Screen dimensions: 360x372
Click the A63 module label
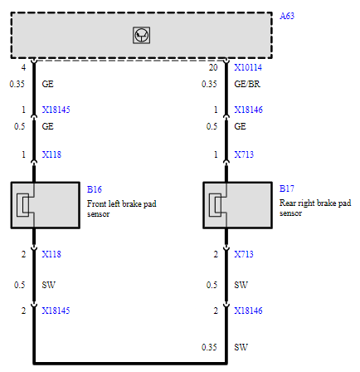[x=287, y=16]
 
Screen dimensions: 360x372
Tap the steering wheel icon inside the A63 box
[x=141, y=35]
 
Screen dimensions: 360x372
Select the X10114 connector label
[x=248, y=67]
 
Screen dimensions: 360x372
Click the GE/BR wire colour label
[x=247, y=84]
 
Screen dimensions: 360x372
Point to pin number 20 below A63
[x=213, y=67]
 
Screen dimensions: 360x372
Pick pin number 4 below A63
[x=23, y=67]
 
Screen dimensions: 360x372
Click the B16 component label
[x=95, y=189]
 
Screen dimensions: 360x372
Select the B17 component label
[x=287, y=188]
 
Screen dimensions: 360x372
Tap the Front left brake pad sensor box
[x=46, y=205]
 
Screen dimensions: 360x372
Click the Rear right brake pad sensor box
[x=237, y=205]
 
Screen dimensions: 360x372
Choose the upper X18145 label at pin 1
[x=56, y=110]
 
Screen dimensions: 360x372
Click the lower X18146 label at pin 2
[x=248, y=311]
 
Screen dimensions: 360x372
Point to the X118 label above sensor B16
[x=51, y=154]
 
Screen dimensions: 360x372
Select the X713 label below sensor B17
[x=244, y=254]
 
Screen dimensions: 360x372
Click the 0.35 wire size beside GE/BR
[x=209, y=84]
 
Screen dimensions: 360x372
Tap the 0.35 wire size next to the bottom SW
[x=209, y=347]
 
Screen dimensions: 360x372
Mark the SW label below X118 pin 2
[x=48, y=285]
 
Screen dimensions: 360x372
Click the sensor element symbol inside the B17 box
[x=216, y=205]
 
